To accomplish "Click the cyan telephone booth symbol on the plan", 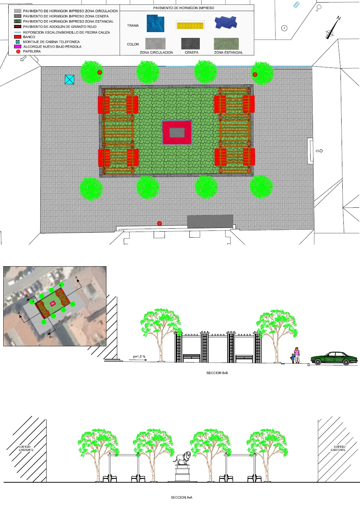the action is pyautogui.click(x=70, y=80).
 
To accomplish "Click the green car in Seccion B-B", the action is pyautogui.click(x=334, y=359).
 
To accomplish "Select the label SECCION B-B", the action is pyautogui.click(x=217, y=373).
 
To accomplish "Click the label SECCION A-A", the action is pyautogui.click(x=181, y=497).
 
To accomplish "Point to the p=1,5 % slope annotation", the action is pyautogui.click(x=139, y=357).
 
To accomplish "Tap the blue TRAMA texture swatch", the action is pyautogui.click(x=155, y=23).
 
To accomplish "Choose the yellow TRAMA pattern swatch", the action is pyautogui.click(x=190, y=26).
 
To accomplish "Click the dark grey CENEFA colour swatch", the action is pyautogui.click(x=190, y=44).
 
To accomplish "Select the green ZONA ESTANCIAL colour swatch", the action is pyautogui.click(x=226, y=44).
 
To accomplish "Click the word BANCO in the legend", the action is pyautogui.click(x=29, y=37).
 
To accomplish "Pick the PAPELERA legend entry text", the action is pyautogui.click(x=32, y=51).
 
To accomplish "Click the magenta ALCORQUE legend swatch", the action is pyautogui.click(x=18, y=47).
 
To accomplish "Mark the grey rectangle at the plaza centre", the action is pyautogui.click(x=177, y=133).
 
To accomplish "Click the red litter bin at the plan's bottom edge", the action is pyautogui.click(x=159, y=223).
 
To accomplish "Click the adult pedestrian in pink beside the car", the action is pyautogui.click(x=297, y=355).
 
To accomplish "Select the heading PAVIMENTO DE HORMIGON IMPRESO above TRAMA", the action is pyautogui.click(x=184, y=8).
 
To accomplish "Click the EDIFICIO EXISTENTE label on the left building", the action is pyautogui.click(x=26, y=448).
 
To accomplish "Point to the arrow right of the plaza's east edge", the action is pyautogui.click(x=319, y=151).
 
